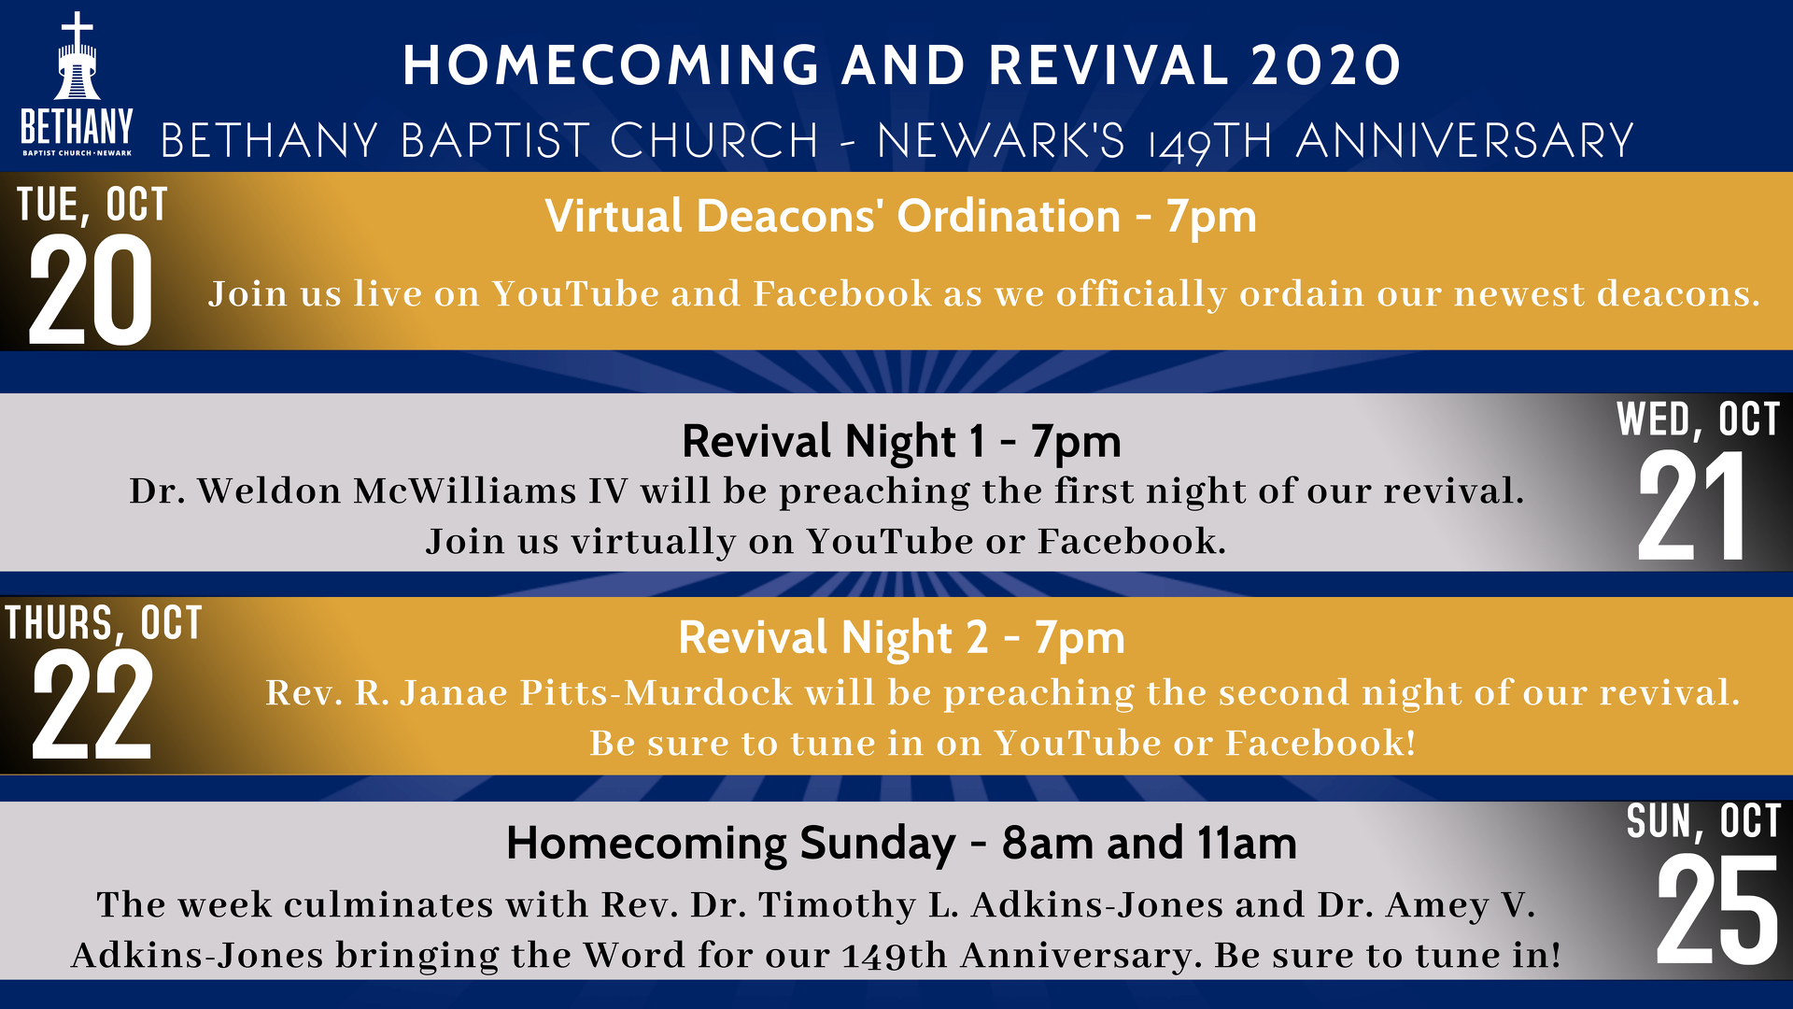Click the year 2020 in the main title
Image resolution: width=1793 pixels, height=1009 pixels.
(x=1325, y=65)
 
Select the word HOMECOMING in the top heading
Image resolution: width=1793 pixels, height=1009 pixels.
(x=612, y=65)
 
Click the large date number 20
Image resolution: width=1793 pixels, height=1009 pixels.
(x=91, y=289)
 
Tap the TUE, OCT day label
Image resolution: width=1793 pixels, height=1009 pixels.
(x=92, y=205)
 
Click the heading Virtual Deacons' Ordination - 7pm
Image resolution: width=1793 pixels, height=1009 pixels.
(x=901, y=217)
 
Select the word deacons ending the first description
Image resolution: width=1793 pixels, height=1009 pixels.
(x=1678, y=294)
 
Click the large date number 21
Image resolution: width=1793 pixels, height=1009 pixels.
(x=1691, y=505)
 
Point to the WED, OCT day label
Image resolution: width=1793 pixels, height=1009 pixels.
(x=1698, y=419)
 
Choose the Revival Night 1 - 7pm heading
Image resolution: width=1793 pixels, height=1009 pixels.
(x=901, y=441)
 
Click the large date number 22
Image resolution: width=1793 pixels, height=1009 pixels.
(x=92, y=704)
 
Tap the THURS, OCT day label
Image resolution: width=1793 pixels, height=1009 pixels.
(x=103, y=623)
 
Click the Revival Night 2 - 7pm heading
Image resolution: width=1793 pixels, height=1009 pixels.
(x=901, y=638)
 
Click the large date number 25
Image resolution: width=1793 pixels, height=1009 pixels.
(x=1716, y=910)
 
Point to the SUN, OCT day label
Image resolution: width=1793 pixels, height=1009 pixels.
(x=1703, y=821)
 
